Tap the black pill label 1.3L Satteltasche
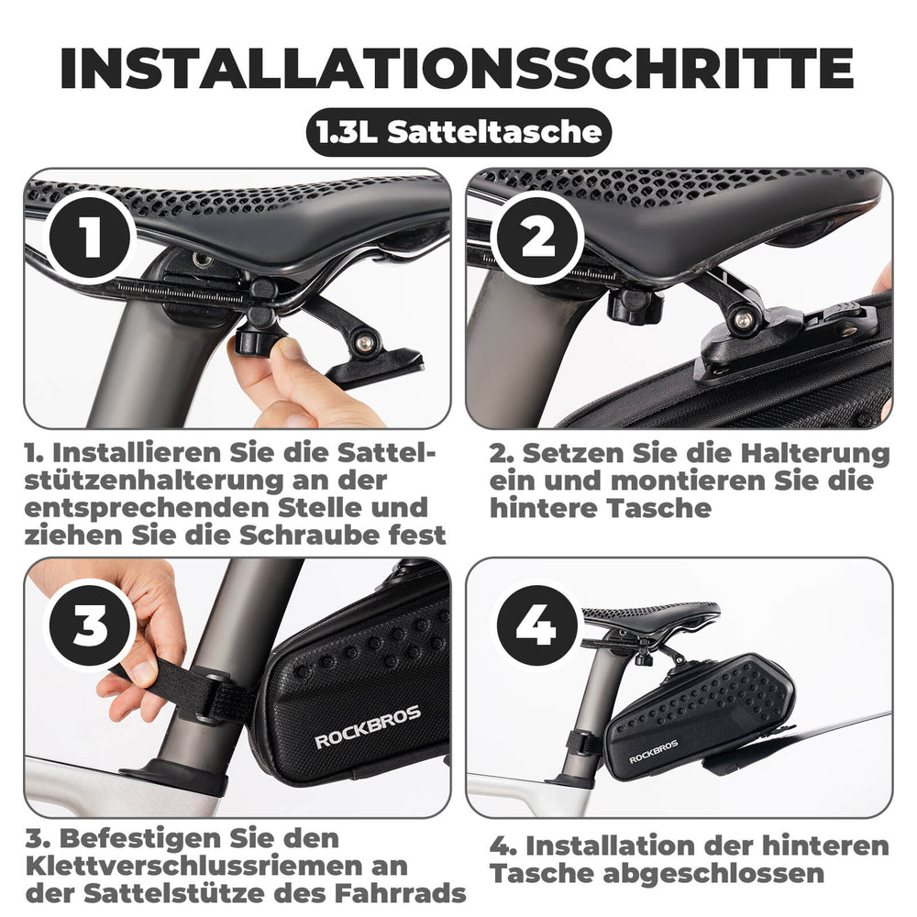(x=458, y=132)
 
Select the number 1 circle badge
(x=90, y=237)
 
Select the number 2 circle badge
(x=537, y=237)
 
